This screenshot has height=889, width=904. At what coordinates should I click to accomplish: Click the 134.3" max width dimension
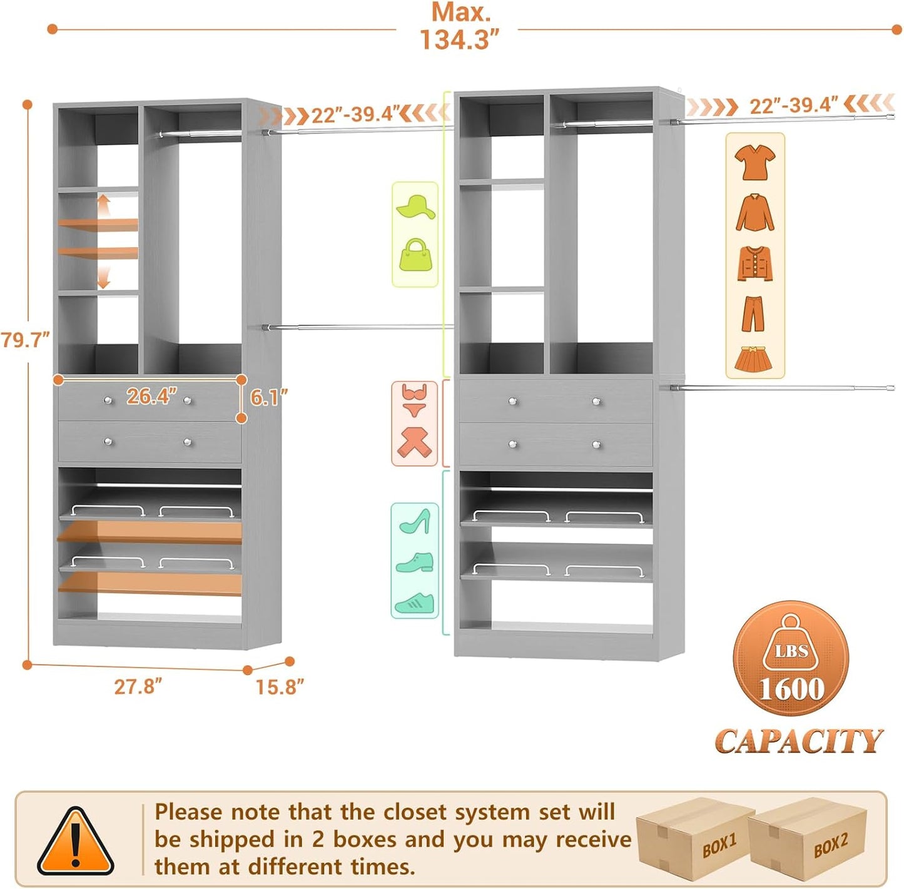(x=460, y=39)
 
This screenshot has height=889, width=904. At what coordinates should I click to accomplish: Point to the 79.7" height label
(x=25, y=340)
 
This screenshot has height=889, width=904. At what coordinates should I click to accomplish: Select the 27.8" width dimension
(x=138, y=686)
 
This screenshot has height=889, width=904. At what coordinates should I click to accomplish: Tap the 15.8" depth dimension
(x=279, y=687)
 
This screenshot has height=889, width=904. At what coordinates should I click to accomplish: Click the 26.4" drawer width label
(x=151, y=396)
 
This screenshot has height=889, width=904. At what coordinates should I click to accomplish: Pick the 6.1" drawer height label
(x=269, y=397)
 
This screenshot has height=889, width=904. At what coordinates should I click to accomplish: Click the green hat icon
(x=415, y=207)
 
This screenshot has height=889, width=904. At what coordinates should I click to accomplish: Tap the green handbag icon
(x=415, y=255)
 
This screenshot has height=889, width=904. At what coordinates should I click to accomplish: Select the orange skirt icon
(x=754, y=359)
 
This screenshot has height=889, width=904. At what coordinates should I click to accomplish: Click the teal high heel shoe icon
(x=415, y=521)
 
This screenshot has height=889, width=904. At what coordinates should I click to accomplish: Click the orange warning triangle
(x=76, y=842)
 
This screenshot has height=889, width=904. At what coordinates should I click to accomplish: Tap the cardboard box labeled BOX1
(x=694, y=838)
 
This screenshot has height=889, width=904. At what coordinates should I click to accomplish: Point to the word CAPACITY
(x=798, y=741)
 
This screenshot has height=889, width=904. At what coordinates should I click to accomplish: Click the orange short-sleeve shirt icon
(x=754, y=162)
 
